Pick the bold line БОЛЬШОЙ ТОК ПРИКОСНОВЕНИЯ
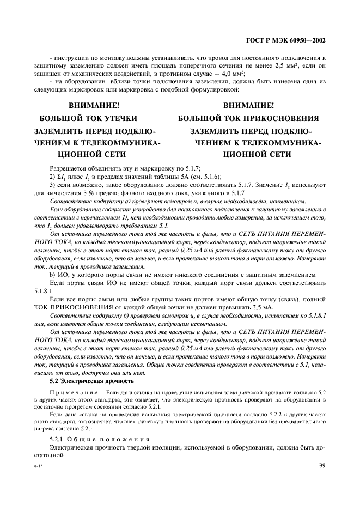pyautogui.click(x=248, y=118)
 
